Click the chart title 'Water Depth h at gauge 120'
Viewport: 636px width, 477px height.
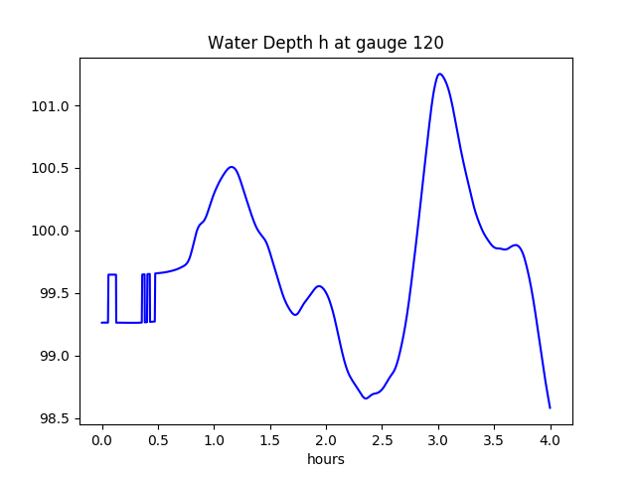[325, 44]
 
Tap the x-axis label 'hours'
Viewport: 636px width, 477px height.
[326, 460]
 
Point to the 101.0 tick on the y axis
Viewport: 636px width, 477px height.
[51, 106]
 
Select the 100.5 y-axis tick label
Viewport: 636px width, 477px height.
[51, 169]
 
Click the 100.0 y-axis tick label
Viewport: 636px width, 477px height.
[51, 232]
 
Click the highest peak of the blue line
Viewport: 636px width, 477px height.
[439, 74]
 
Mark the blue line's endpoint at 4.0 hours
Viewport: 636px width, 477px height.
[550, 407]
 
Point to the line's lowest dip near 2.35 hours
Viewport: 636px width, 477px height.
[366, 398]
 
